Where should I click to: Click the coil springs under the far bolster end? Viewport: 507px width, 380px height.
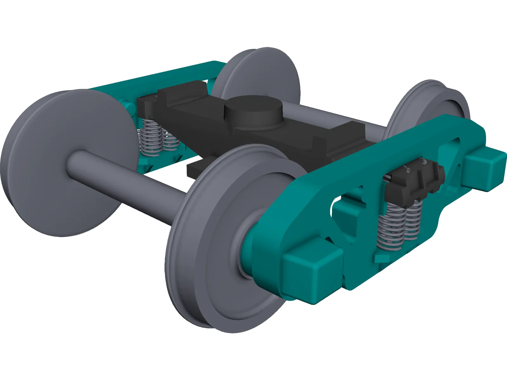tap(155, 139)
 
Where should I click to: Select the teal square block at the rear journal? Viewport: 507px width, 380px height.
tap(485, 168)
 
